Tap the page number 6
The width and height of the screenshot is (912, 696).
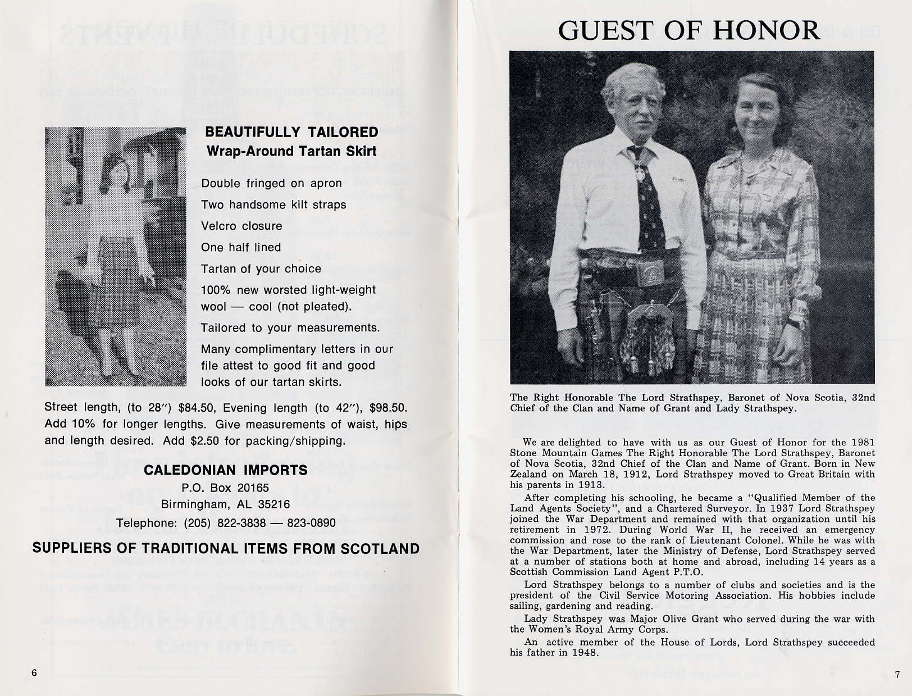(34, 673)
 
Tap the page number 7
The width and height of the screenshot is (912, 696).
(897, 675)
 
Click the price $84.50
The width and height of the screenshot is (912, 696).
(198, 408)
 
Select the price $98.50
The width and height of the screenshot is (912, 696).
(387, 408)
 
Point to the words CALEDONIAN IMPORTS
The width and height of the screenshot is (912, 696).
(226, 470)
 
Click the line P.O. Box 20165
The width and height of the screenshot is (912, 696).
(226, 488)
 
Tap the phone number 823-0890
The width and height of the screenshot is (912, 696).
(311, 523)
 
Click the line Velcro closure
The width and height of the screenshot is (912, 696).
(241, 226)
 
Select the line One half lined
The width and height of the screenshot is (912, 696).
(241, 247)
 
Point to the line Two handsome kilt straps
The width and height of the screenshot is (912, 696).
(273, 204)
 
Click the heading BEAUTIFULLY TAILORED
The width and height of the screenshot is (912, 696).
(291, 132)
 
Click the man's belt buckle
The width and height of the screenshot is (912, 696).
(650, 273)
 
